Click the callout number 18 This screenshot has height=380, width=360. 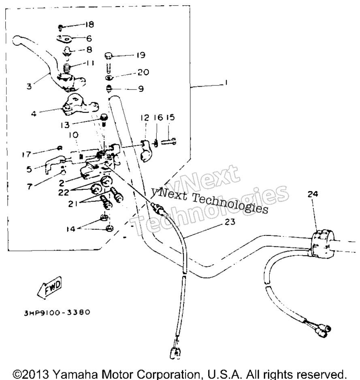pyautogui.click(x=89, y=24)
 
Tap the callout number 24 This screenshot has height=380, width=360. pyautogui.click(x=313, y=194)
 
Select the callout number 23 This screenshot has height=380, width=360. pyautogui.click(x=230, y=221)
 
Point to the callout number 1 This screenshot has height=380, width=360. pyautogui.click(x=226, y=83)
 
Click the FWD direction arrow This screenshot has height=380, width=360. pyautogui.click(x=50, y=287)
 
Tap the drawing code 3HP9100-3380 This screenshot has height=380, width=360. pyautogui.click(x=57, y=312)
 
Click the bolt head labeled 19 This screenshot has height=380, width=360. pyautogui.click(x=109, y=56)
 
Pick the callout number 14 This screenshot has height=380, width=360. pyautogui.click(x=71, y=229)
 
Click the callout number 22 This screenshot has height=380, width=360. pyautogui.click(x=64, y=192)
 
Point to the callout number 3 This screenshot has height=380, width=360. pyautogui.click(x=29, y=86)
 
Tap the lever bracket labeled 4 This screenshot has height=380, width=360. pyautogui.click(x=78, y=106)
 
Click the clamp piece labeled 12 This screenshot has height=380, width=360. pyautogui.click(x=145, y=151)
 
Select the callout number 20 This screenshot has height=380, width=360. pyautogui.click(x=143, y=72)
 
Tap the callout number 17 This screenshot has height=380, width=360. pyautogui.click(x=27, y=154)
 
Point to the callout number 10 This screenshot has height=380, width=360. pyautogui.click(x=74, y=135)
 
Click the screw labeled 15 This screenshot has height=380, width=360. pyautogui.click(x=168, y=141)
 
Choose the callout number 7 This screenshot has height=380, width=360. pyautogui.click(x=30, y=187)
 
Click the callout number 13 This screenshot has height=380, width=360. pyautogui.click(x=65, y=125)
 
